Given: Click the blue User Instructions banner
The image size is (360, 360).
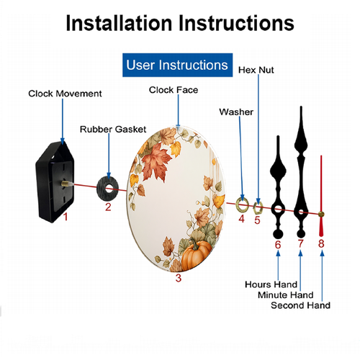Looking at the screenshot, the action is click(177, 65).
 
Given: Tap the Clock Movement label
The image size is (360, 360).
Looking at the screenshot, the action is click(65, 94).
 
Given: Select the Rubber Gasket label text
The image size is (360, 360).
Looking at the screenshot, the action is click(113, 130).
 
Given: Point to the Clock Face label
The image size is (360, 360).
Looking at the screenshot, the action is click(174, 90).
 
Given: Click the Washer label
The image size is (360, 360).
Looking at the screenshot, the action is click(236, 112).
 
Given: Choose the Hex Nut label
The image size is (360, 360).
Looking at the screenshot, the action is click(256, 70).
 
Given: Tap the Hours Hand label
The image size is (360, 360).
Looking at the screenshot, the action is click(271, 284).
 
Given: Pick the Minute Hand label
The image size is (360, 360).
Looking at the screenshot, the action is click(286, 295).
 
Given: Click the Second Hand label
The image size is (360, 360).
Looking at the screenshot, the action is click(300, 305).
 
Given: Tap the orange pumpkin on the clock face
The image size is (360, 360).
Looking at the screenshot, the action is click(196, 255).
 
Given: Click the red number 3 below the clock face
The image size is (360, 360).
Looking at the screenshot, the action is click(179, 278).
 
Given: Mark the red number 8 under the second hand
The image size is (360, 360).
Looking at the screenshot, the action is click(321, 243).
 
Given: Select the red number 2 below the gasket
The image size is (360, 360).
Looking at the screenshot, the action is click(108, 207).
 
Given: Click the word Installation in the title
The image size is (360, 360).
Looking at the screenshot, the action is click(119, 23).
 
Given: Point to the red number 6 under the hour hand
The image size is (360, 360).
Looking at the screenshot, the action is click(278, 245).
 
